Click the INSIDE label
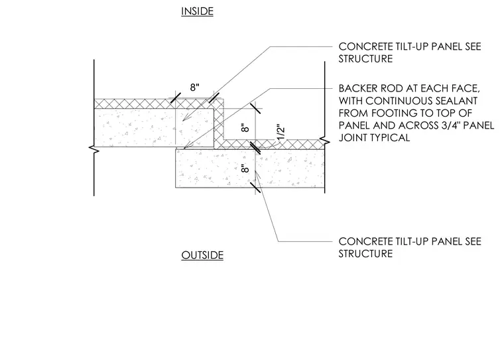click(x=197, y=11)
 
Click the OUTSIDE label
click(x=202, y=255)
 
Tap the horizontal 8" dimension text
click(x=195, y=87)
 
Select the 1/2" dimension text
click(x=281, y=132)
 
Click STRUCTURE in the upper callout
click(x=365, y=59)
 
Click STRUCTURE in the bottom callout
click(x=365, y=254)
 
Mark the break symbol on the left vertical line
click(x=94, y=149)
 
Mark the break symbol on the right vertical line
click(x=325, y=141)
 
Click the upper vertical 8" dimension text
click(x=245, y=127)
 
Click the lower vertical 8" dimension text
click(x=245, y=168)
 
